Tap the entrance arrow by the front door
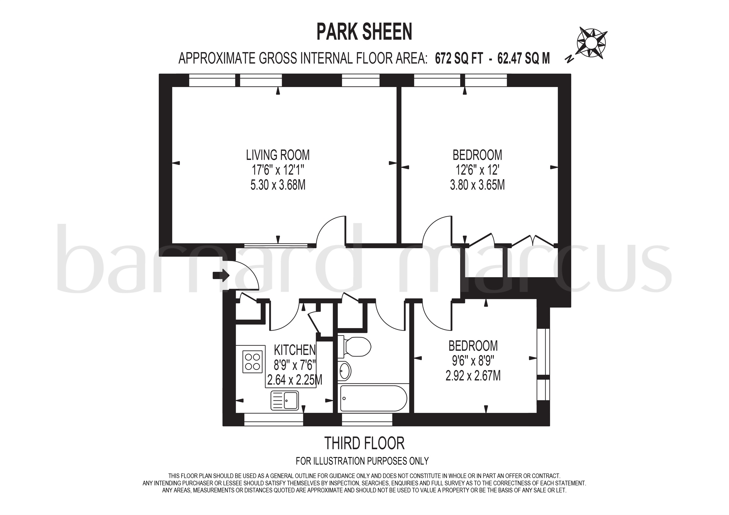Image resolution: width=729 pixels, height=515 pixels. pyautogui.click(x=221, y=275)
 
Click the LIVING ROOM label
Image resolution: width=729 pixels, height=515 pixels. pyautogui.click(x=278, y=155)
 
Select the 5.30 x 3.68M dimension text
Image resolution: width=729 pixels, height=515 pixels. pyautogui.click(x=278, y=185)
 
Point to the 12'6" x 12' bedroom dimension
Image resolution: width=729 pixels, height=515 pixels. pyautogui.click(x=477, y=170)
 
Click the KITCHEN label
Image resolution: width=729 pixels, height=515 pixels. pyautogui.click(x=295, y=350)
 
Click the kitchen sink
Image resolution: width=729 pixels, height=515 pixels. pyautogui.click(x=284, y=400)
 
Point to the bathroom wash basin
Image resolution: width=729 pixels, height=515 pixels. pyautogui.click(x=345, y=370)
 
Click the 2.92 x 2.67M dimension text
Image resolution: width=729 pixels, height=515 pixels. pyautogui.click(x=473, y=376)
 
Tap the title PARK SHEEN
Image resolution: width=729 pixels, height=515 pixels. pyautogui.click(x=364, y=32)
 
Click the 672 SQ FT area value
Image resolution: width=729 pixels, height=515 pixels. pyautogui.click(x=459, y=59)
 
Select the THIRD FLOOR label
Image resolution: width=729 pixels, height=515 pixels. pyautogui.click(x=364, y=443)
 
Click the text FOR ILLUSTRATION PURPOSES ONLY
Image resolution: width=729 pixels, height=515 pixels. pyautogui.click(x=362, y=461)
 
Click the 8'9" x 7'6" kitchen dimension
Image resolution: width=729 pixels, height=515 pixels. pyautogui.click(x=295, y=366)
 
